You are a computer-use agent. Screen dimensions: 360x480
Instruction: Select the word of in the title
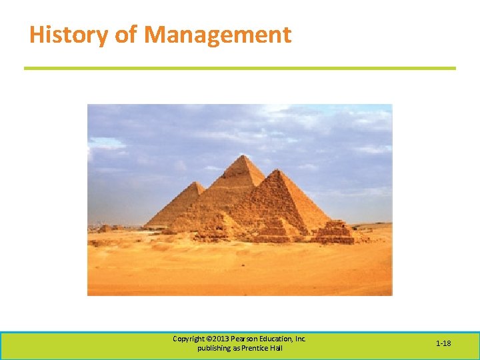[x=125, y=35]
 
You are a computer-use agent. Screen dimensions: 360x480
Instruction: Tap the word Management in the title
[x=217, y=35]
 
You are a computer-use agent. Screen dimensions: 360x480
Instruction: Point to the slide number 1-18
[x=443, y=343]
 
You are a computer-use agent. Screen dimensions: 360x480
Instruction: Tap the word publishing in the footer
[x=213, y=349]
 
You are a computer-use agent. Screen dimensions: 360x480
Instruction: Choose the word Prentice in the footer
[x=257, y=349]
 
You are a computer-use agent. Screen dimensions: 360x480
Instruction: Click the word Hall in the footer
[x=277, y=349]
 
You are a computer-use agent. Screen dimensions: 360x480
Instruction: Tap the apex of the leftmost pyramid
[x=197, y=182]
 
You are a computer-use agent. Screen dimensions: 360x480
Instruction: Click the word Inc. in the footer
[x=301, y=339]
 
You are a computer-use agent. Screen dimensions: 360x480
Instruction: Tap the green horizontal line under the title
[x=240, y=68]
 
